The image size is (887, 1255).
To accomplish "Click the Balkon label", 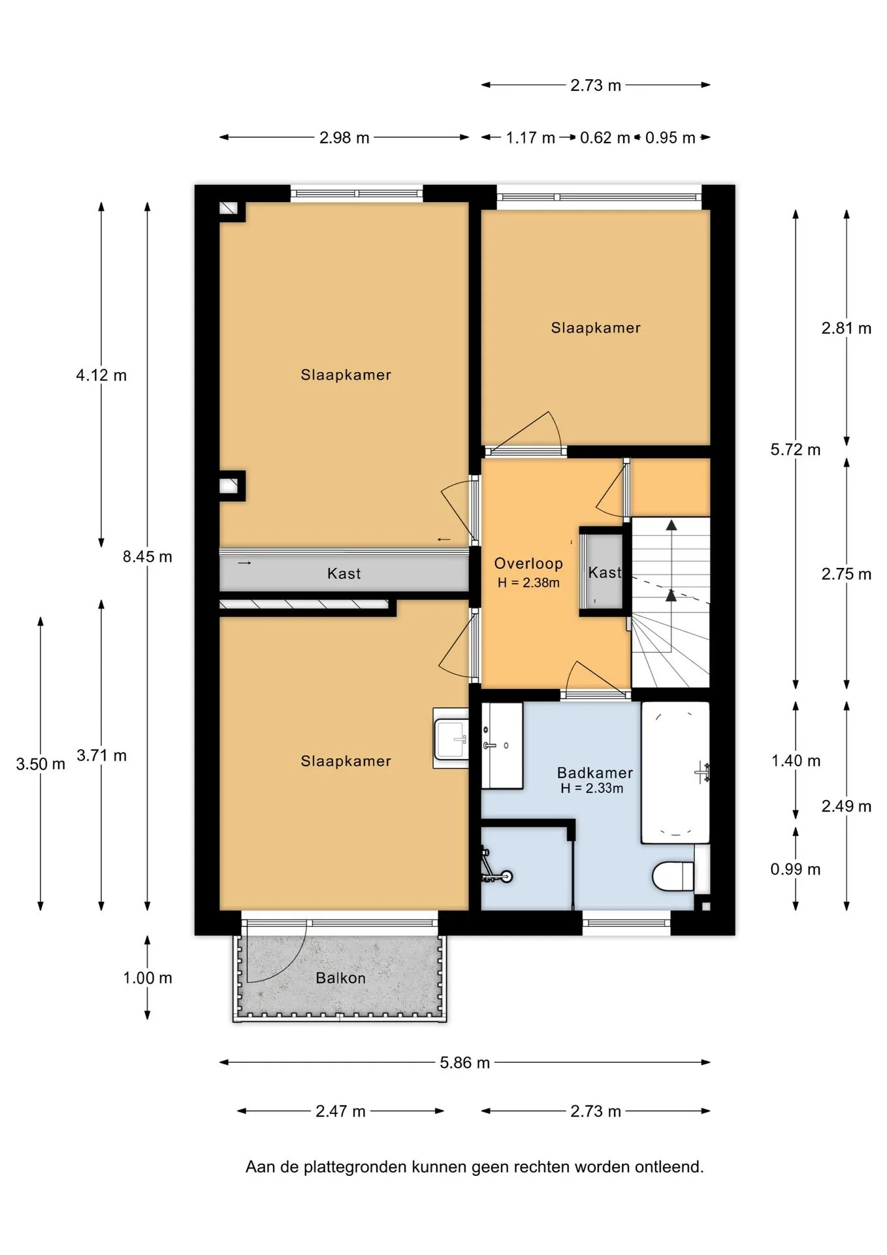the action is click(x=340, y=978).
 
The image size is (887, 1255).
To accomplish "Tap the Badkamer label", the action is click(x=594, y=773).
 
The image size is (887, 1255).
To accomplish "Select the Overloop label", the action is click(x=528, y=563).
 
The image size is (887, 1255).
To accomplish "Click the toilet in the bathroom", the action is click(x=673, y=876).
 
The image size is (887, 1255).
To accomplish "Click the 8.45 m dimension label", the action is click(x=148, y=557).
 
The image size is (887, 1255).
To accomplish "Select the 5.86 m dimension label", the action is click(x=464, y=1063).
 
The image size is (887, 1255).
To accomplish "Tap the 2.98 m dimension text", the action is click(x=344, y=138).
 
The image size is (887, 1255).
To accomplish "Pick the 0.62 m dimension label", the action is click(x=605, y=138).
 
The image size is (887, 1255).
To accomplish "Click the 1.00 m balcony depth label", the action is click(x=148, y=978).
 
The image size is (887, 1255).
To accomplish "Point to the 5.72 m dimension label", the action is click(x=796, y=450).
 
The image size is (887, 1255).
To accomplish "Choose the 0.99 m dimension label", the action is click(x=796, y=869).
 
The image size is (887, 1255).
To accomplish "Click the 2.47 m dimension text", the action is click(x=340, y=1111).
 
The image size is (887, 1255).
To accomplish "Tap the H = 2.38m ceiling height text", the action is click(x=528, y=583).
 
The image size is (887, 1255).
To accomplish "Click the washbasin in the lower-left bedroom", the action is click(x=451, y=738).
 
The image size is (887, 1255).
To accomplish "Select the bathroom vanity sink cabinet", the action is click(x=502, y=745).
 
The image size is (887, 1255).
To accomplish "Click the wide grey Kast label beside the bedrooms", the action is click(x=344, y=574).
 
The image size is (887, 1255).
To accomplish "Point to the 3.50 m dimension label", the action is click(x=40, y=764).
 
